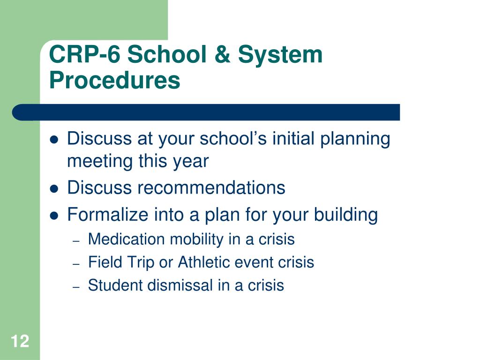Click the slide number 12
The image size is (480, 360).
[20, 341]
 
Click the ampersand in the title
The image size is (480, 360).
[222, 54]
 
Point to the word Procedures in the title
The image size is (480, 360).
[114, 80]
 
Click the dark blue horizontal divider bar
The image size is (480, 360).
[206, 112]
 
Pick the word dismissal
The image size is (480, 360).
[180, 285]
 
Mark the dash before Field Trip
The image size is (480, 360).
[76, 264]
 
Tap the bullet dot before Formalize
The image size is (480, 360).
[54, 216]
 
